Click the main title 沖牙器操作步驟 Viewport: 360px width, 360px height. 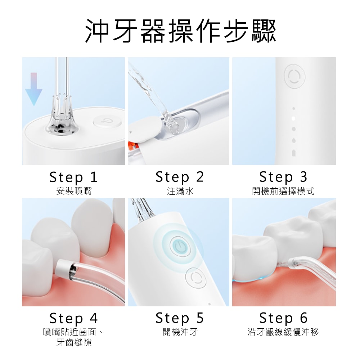(180, 31)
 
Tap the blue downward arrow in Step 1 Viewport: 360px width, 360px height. (34, 89)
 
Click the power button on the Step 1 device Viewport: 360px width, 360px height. (107, 121)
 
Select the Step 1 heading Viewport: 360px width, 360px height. (73, 177)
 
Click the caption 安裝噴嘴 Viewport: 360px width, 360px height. (74, 191)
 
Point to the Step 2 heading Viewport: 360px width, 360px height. (180, 177)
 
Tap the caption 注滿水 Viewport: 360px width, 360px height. (180, 191)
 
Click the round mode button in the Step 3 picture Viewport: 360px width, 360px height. (294, 76)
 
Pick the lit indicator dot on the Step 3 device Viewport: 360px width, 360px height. (293, 119)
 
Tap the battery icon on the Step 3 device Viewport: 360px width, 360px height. (294, 153)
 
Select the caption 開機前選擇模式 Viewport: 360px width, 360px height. (283, 191)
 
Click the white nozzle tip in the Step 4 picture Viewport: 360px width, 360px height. (62, 269)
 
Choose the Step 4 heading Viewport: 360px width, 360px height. (73, 318)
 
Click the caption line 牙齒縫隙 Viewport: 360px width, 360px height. (74, 343)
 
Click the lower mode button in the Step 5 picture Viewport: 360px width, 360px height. (196, 278)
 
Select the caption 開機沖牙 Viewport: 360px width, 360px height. (180, 332)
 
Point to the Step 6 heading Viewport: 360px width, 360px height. (283, 318)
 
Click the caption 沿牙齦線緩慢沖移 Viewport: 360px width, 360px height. (283, 332)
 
